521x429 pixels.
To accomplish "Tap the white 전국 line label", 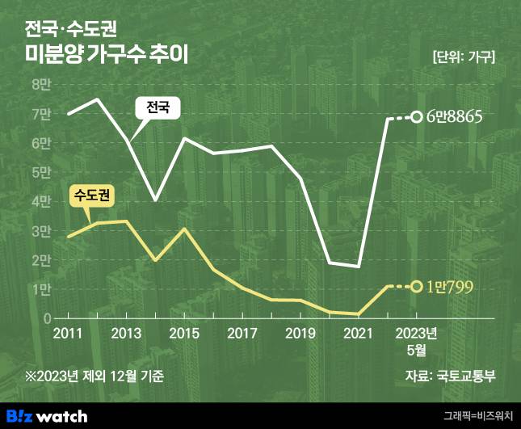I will click(158, 107).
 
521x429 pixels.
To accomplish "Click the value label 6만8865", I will click(455, 117).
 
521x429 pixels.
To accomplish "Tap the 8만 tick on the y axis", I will click(40, 85).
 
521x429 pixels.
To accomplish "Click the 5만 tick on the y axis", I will click(40, 172).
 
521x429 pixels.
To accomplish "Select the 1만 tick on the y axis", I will click(40, 289).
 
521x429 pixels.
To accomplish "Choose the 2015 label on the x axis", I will click(184, 334).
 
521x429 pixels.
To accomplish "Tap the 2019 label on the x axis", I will click(300, 334).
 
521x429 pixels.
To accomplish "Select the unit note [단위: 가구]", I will click(464, 57).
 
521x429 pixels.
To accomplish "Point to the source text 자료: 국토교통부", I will click(450, 376).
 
